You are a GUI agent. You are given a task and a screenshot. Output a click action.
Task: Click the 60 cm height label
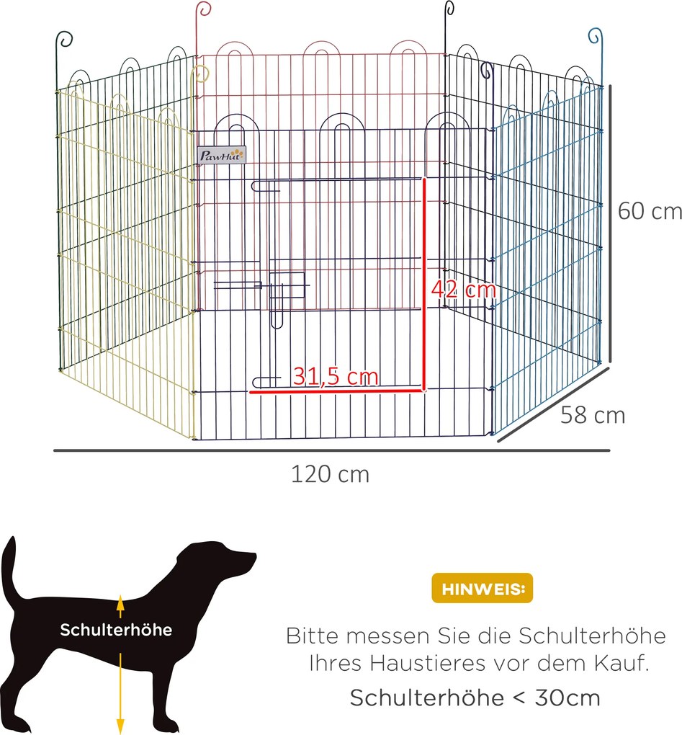[649, 212]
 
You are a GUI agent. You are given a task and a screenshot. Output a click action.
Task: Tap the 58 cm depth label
[593, 416]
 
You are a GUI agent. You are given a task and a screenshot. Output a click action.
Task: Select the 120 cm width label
[330, 474]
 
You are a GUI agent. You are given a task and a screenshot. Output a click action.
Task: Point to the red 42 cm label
[464, 290]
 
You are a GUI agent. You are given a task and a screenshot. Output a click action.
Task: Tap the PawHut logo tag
[222, 153]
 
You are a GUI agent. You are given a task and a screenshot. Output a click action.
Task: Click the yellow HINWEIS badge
[482, 588]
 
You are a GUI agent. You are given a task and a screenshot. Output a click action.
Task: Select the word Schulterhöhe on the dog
[116, 630]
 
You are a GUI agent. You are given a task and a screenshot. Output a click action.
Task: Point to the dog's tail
[9, 569]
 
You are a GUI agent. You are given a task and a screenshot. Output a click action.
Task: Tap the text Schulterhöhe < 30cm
[475, 698]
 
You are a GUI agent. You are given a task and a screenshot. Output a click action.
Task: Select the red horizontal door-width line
[336, 391]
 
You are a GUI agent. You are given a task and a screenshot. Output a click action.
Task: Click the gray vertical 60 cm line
[610, 223]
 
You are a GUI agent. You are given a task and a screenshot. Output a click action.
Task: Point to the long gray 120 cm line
[331, 451]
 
